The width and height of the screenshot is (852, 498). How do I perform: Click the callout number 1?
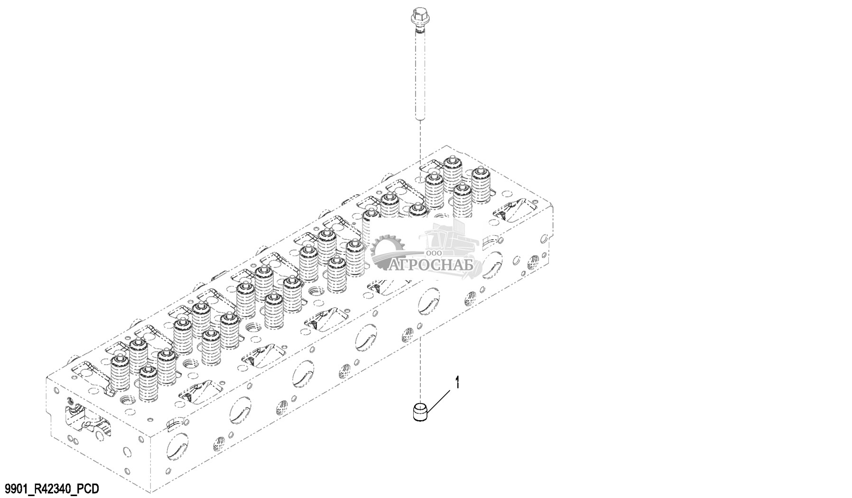point(457,383)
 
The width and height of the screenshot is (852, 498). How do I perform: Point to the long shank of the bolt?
point(420,76)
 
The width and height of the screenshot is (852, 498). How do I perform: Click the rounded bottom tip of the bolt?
point(420,119)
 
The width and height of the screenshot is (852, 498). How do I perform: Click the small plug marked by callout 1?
point(419,411)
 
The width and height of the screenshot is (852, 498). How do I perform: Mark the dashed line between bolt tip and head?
point(420,142)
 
